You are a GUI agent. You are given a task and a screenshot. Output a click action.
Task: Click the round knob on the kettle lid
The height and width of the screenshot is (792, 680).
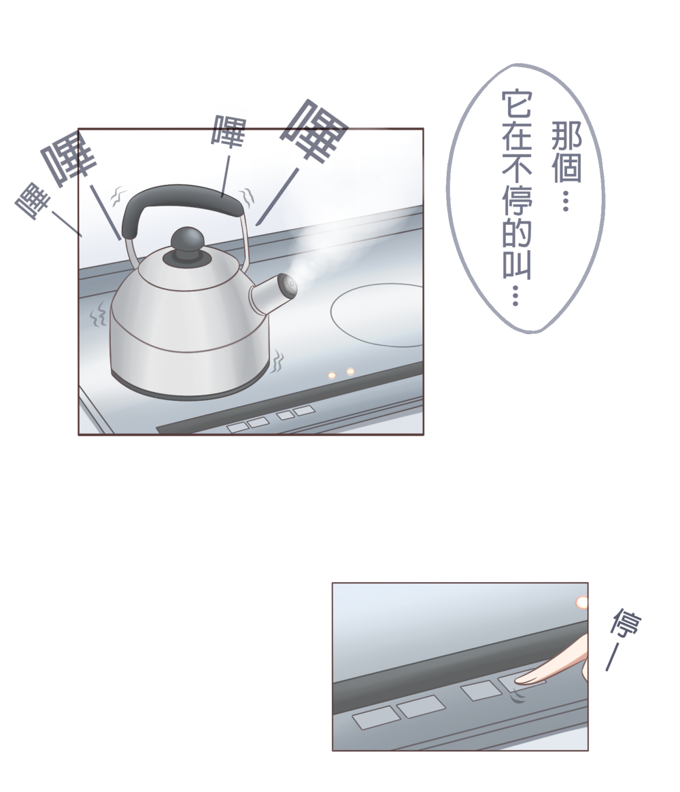(x=187, y=241)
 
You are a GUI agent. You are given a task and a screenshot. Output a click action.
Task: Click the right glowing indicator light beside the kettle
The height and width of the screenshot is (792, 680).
(x=350, y=372)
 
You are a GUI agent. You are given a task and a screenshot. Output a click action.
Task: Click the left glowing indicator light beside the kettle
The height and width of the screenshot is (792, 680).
(x=332, y=376)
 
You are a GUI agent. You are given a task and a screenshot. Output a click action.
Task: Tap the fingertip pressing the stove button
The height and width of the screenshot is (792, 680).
(x=524, y=678)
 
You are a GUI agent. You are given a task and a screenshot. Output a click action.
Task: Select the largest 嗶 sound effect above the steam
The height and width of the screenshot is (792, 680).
(x=314, y=130)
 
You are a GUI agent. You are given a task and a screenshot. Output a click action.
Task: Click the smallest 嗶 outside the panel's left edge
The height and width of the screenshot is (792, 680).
(x=33, y=200)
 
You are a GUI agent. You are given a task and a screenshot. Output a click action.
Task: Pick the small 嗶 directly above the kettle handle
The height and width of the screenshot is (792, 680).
(x=228, y=131)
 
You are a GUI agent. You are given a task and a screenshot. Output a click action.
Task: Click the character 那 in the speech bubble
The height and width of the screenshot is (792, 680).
(x=566, y=135)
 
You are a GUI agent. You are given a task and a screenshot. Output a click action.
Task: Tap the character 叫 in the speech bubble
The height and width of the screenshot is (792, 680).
(x=517, y=264)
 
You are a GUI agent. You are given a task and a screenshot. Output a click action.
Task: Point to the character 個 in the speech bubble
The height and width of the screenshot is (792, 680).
(x=566, y=168)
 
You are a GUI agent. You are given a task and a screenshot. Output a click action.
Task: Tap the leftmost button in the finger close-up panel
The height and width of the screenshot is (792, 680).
(x=375, y=718)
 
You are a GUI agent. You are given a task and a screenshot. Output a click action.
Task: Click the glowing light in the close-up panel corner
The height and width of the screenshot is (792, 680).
(x=582, y=602)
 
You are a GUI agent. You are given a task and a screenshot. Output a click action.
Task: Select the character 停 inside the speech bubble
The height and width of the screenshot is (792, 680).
(x=517, y=200)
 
